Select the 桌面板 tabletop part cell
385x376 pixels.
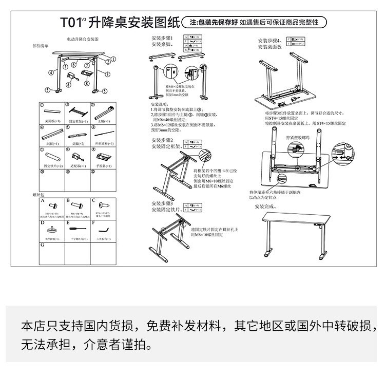pos(52,113)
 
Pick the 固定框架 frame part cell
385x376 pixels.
pos(78,113)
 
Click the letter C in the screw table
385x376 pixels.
pos(94,201)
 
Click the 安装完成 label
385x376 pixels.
pos(265,206)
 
